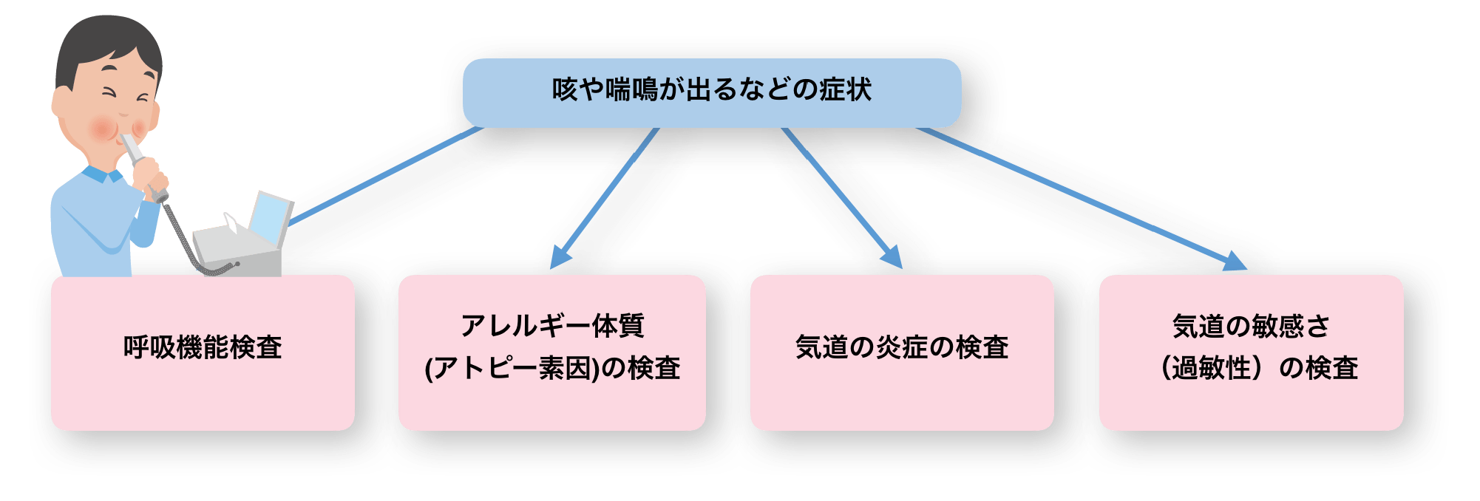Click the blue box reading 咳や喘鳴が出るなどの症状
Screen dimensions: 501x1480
point(711,92)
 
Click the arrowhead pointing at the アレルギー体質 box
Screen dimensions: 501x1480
point(561,255)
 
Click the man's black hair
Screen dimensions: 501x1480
point(103,41)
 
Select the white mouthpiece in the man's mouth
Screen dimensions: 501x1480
point(135,148)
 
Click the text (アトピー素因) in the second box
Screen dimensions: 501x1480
point(512,368)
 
